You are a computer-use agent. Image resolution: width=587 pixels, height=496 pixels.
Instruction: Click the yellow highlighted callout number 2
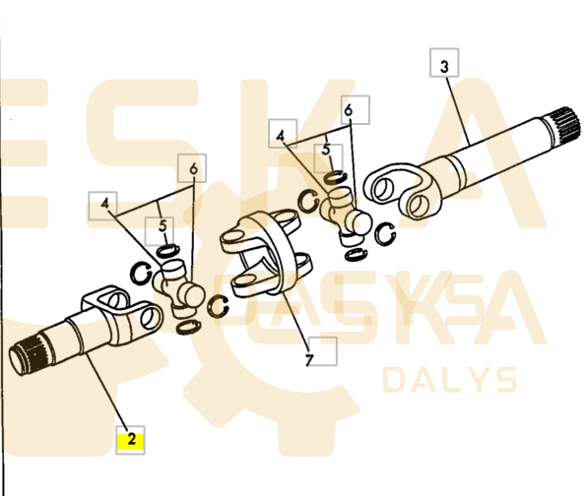(131, 439)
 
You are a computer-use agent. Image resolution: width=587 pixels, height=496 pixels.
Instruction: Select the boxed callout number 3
(444, 67)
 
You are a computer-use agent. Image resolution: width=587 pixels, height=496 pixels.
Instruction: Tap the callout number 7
(309, 360)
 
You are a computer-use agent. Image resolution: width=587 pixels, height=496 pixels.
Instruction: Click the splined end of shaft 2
(29, 353)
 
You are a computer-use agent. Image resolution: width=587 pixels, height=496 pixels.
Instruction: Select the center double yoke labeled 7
(267, 254)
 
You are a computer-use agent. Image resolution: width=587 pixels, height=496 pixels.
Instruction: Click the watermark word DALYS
(450, 380)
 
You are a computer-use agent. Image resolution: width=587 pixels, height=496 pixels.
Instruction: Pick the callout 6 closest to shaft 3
(349, 110)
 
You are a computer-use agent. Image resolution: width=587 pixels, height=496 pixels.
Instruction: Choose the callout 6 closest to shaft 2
(193, 168)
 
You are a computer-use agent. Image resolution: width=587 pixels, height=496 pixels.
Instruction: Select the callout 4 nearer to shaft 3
(281, 136)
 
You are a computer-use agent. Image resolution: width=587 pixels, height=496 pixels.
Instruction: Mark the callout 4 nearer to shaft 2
(104, 205)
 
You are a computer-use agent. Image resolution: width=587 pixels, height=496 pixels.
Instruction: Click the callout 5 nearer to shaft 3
(326, 150)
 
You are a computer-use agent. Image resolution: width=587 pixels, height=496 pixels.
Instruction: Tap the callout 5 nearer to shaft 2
(163, 226)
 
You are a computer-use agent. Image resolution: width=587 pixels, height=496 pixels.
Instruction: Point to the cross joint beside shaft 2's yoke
(179, 287)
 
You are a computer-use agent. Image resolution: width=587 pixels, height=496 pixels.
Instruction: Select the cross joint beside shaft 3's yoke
(345, 217)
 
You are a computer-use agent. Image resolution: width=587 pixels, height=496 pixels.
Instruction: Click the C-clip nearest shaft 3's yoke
(385, 234)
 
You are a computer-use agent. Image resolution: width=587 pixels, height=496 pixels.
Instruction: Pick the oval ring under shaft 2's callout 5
(167, 251)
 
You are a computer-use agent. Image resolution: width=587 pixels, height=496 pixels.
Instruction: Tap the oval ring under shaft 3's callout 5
(335, 177)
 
